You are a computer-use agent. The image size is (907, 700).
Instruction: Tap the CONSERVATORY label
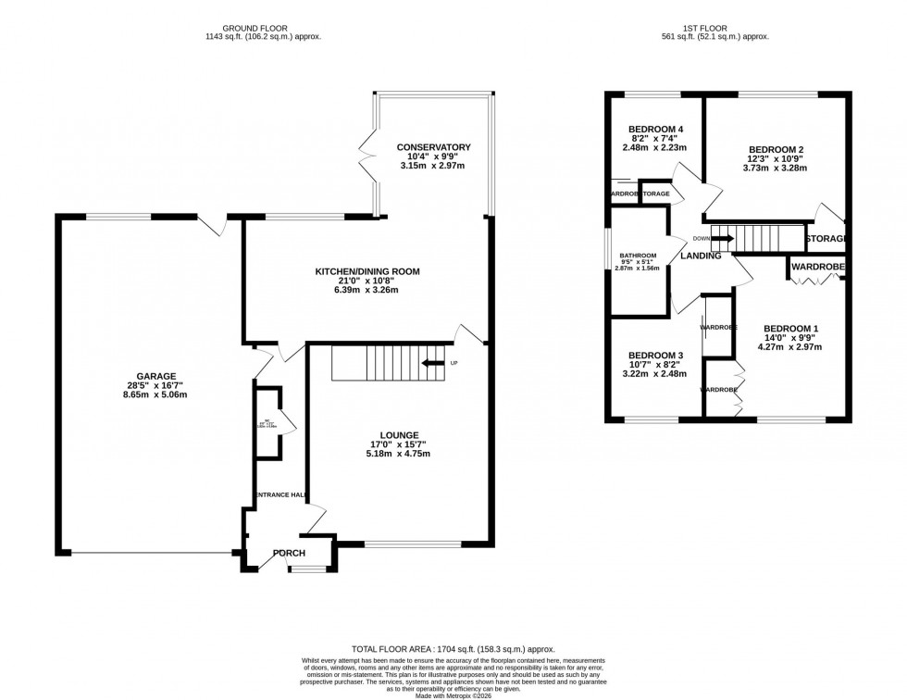(x=434, y=147)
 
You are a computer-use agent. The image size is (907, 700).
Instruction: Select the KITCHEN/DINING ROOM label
(x=367, y=272)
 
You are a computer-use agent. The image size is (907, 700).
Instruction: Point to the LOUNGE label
(x=399, y=434)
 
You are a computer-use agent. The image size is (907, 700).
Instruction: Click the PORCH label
(x=288, y=554)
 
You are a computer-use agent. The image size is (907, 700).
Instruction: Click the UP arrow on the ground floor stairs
(x=432, y=363)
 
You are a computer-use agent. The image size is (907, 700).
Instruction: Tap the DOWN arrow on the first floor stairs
(x=723, y=238)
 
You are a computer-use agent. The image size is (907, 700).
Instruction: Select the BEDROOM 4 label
(x=655, y=129)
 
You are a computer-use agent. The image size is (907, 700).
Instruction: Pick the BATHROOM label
(x=639, y=256)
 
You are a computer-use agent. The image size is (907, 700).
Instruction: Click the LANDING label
(x=701, y=256)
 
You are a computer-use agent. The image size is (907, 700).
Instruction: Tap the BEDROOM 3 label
(x=655, y=356)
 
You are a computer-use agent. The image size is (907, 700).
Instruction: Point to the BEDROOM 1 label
(x=790, y=328)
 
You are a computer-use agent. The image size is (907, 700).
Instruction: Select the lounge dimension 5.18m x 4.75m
(x=399, y=454)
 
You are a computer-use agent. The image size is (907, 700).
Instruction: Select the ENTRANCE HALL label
(x=280, y=495)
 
